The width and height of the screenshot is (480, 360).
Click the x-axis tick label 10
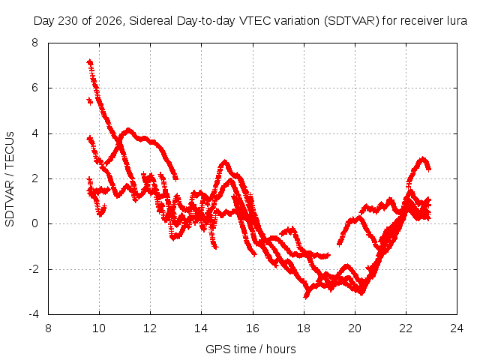tap(99, 328)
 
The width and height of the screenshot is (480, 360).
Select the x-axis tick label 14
tap(201, 328)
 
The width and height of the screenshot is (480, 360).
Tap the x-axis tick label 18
tap(304, 328)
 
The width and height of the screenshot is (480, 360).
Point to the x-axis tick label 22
tap(406, 328)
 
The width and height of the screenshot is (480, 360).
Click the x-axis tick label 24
tap(457, 328)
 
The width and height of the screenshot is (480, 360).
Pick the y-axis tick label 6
tap(35, 88)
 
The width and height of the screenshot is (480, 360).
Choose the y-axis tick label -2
tap(34, 269)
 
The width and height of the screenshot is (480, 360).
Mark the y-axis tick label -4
tap(34, 314)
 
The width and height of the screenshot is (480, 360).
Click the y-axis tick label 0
tap(35, 223)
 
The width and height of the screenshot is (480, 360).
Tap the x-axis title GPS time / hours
tap(250, 349)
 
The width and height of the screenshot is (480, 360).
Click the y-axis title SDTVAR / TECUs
tap(10, 179)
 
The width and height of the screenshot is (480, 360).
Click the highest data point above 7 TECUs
tap(90, 62)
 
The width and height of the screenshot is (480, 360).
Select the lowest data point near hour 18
tap(306, 296)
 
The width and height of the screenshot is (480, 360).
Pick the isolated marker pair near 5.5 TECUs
tap(90, 100)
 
